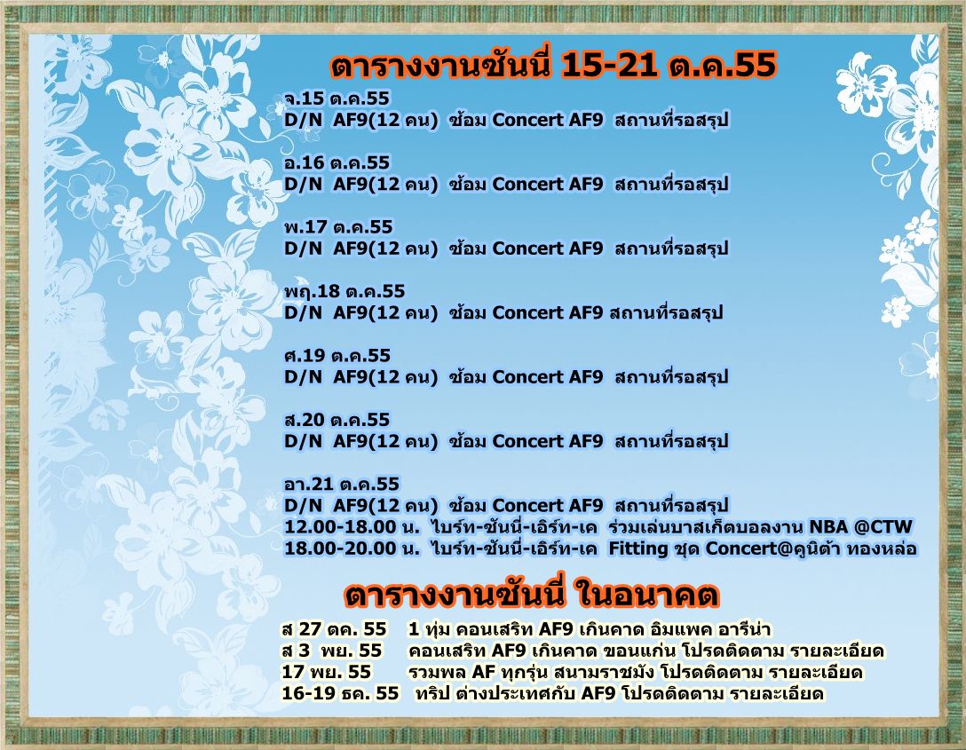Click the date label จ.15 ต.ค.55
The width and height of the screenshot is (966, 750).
[337, 99]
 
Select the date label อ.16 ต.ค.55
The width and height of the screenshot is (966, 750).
[337, 162]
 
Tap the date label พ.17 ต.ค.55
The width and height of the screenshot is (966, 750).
[337, 227]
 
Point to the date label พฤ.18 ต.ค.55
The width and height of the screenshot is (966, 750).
[344, 291]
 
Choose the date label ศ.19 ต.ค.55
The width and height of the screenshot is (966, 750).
[337, 356]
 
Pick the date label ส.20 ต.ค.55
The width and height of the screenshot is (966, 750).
[337, 420]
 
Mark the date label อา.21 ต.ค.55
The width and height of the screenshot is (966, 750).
[341, 484]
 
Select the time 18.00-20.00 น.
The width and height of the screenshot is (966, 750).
[352, 549]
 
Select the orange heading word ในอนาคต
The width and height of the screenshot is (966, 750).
[646, 595]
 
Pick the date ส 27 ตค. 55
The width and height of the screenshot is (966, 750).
[334, 629]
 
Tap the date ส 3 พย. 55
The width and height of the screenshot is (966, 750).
[331, 651]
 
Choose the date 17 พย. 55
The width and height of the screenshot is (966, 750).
[327, 672]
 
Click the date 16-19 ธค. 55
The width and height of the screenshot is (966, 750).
[340, 693]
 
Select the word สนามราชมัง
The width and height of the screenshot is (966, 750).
[599, 672]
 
